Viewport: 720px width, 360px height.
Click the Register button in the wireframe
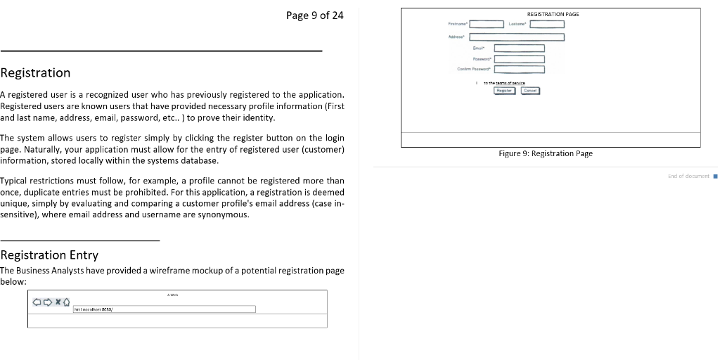504,90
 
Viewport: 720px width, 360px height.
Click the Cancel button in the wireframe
530,90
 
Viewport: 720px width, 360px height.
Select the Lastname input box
547,25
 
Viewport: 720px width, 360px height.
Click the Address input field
517,37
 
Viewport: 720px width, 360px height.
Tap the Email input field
519,49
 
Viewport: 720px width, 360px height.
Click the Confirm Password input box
519,69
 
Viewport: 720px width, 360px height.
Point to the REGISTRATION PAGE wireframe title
553,14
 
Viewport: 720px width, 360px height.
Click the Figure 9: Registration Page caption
545,153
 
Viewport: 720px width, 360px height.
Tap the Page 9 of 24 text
315,15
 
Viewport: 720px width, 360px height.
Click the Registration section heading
35,73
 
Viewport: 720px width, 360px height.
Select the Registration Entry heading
49,255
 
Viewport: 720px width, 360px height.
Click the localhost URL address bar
164,309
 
